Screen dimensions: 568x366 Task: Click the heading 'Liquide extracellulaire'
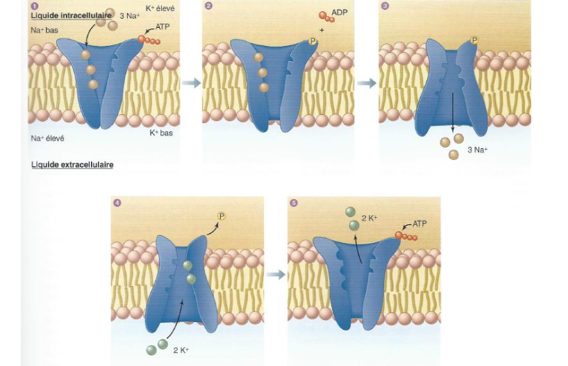click(72, 165)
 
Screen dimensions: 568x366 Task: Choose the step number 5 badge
click(294, 202)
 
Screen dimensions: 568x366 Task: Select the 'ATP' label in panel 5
click(420, 224)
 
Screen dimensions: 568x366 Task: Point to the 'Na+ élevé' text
click(48, 138)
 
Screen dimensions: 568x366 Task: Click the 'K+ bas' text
click(161, 132)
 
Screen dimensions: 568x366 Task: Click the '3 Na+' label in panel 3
click(478, 150)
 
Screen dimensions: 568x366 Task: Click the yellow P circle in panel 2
click(312, 42)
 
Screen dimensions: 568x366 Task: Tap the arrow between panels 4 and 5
click(275, 274)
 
